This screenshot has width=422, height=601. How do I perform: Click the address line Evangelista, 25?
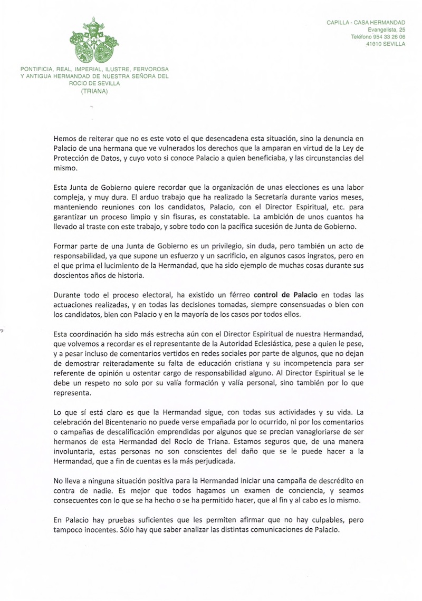click(x=387, y=30)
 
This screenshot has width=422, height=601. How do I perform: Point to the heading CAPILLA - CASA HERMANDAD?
click(x=366, y=23)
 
